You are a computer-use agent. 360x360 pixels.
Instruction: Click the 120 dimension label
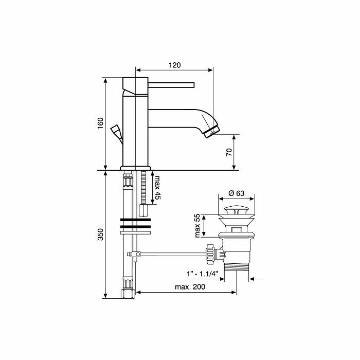coord(175,65)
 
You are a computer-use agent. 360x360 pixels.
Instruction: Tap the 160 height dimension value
coord(101,123)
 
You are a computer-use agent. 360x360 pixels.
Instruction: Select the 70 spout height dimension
coord(229,152)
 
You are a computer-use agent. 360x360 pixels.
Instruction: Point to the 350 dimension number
coord(101,235)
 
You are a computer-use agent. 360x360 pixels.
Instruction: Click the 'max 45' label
coord(157,188)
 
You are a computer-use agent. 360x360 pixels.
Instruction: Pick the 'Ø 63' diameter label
coord(237,193)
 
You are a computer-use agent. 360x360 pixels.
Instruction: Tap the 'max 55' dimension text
coord(197,226)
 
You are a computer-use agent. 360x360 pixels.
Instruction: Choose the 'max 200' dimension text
coord(190,287)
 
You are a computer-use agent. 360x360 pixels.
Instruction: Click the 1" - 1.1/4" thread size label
coord(202,274)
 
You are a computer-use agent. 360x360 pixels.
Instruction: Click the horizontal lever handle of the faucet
coord(171,85)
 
